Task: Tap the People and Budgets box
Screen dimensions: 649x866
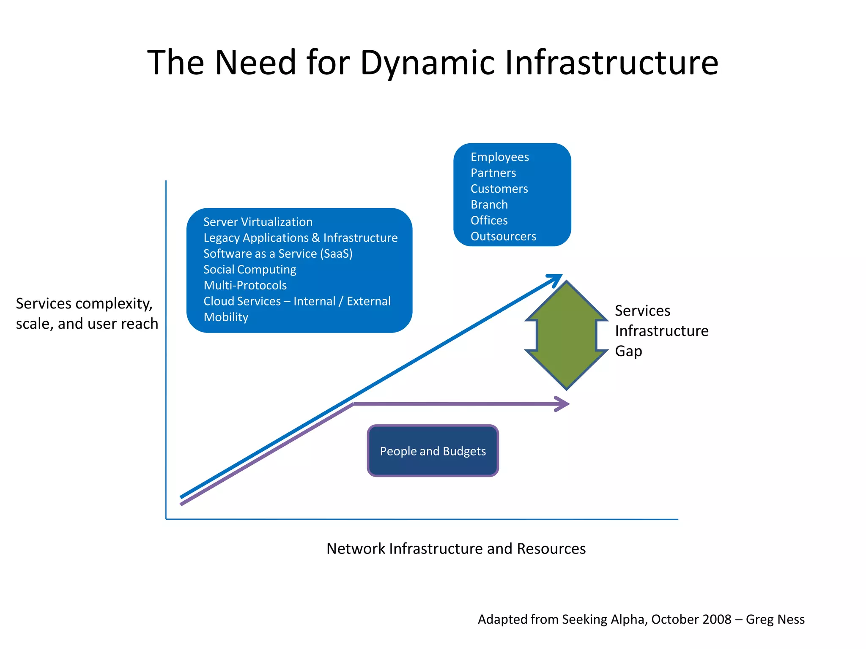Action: [433, 451]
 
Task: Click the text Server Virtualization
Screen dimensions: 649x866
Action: [258, 222]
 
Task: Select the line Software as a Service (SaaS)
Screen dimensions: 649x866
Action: [278, 254]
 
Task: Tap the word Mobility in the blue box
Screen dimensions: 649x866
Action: [226, 317]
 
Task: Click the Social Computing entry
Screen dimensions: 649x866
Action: [249, 270]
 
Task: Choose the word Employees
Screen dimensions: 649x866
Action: [499, 157]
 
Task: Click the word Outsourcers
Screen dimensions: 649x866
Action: [503, 236]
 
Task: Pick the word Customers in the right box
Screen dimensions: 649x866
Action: [499, 189]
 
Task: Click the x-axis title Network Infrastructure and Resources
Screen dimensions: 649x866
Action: [456, 548]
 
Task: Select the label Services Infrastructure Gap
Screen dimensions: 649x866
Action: [661, 331]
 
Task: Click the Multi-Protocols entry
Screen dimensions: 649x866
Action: [245, 285]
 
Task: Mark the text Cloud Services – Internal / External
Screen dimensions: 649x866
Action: [297, 301]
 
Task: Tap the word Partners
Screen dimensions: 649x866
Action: [493, 173]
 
